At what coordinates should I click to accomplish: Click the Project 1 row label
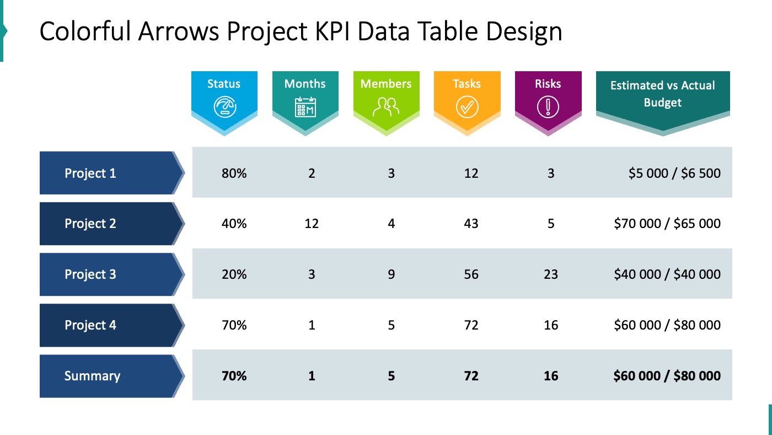tap(90, 173)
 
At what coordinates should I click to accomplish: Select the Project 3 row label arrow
tap(110, 274)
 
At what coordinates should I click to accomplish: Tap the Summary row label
tap(92, 376)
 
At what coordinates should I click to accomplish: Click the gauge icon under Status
tap(224, 107)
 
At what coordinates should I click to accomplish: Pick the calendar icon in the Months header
tap(305, 107)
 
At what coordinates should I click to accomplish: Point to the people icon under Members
tap(386, 107)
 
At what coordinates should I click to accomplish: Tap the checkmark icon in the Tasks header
tap(467, 107)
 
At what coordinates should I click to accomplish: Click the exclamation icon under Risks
tap(548, 107)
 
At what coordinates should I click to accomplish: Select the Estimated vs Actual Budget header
tap(662, 94)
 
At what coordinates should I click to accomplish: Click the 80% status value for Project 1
tap(234, 173)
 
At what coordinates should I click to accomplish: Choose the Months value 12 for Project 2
tap(312, 224)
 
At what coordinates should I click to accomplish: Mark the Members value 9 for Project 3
tap(391, 274)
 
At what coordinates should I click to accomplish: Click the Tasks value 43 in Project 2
tap(471, 224)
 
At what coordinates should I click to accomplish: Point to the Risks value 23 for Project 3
tap(551, 274)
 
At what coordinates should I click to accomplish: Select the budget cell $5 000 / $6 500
tap(674, 173)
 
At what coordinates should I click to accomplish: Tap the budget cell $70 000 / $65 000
tap(667, 224)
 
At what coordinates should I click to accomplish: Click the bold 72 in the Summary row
tap(471, 376)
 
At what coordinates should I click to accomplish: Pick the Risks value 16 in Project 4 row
tap(551, 325)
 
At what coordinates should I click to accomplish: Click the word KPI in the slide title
tap(335, 32)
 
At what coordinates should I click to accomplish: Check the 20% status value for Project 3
tap(234, 274)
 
